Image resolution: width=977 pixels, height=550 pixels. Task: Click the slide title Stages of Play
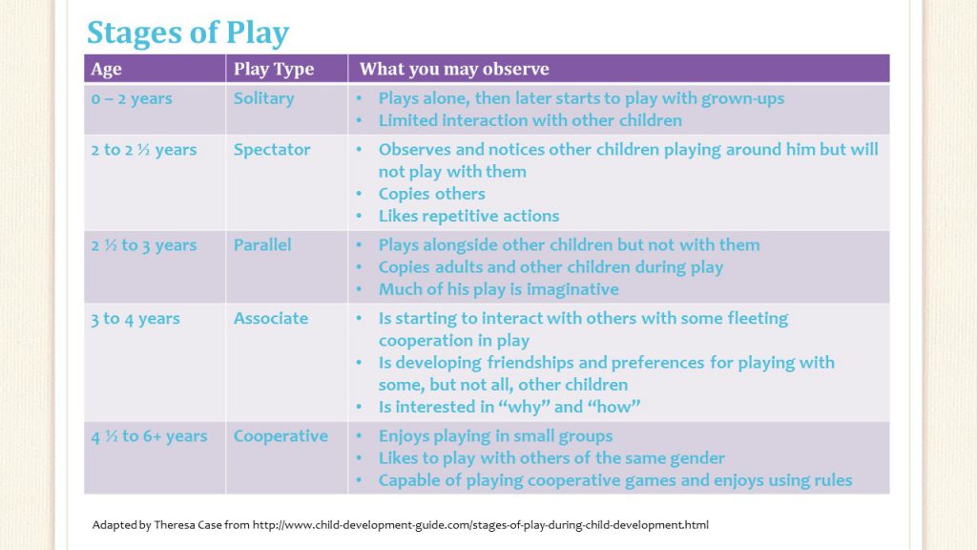pos(187,33)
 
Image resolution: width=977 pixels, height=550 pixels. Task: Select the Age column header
pos(106,69)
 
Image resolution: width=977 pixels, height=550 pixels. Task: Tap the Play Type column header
pos(274,69)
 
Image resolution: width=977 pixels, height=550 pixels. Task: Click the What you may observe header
pos(454,69)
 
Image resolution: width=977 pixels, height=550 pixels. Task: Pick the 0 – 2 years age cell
pos(132,98)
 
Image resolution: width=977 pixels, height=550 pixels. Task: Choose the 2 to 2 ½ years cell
pos(143,150)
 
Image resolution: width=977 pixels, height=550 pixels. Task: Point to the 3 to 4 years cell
pos(135,319)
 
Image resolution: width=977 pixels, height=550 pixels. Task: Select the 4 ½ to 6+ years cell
pos(149,436)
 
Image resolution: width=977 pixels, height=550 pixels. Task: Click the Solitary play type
pos(263,98)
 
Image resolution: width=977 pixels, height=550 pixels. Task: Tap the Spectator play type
pos(272,150)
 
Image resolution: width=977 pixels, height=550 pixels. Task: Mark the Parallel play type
pos(262,245)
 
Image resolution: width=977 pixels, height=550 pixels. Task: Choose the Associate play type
pos(271,319)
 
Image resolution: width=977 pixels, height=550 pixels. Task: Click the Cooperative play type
pos(281,436)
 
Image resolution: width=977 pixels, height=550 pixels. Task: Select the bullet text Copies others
pos(431,194)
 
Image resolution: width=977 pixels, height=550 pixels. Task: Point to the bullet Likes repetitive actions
pos(468,216)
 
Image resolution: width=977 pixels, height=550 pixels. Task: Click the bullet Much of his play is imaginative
pos(498,289)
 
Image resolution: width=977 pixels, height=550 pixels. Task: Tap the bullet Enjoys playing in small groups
pos(495,436)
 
